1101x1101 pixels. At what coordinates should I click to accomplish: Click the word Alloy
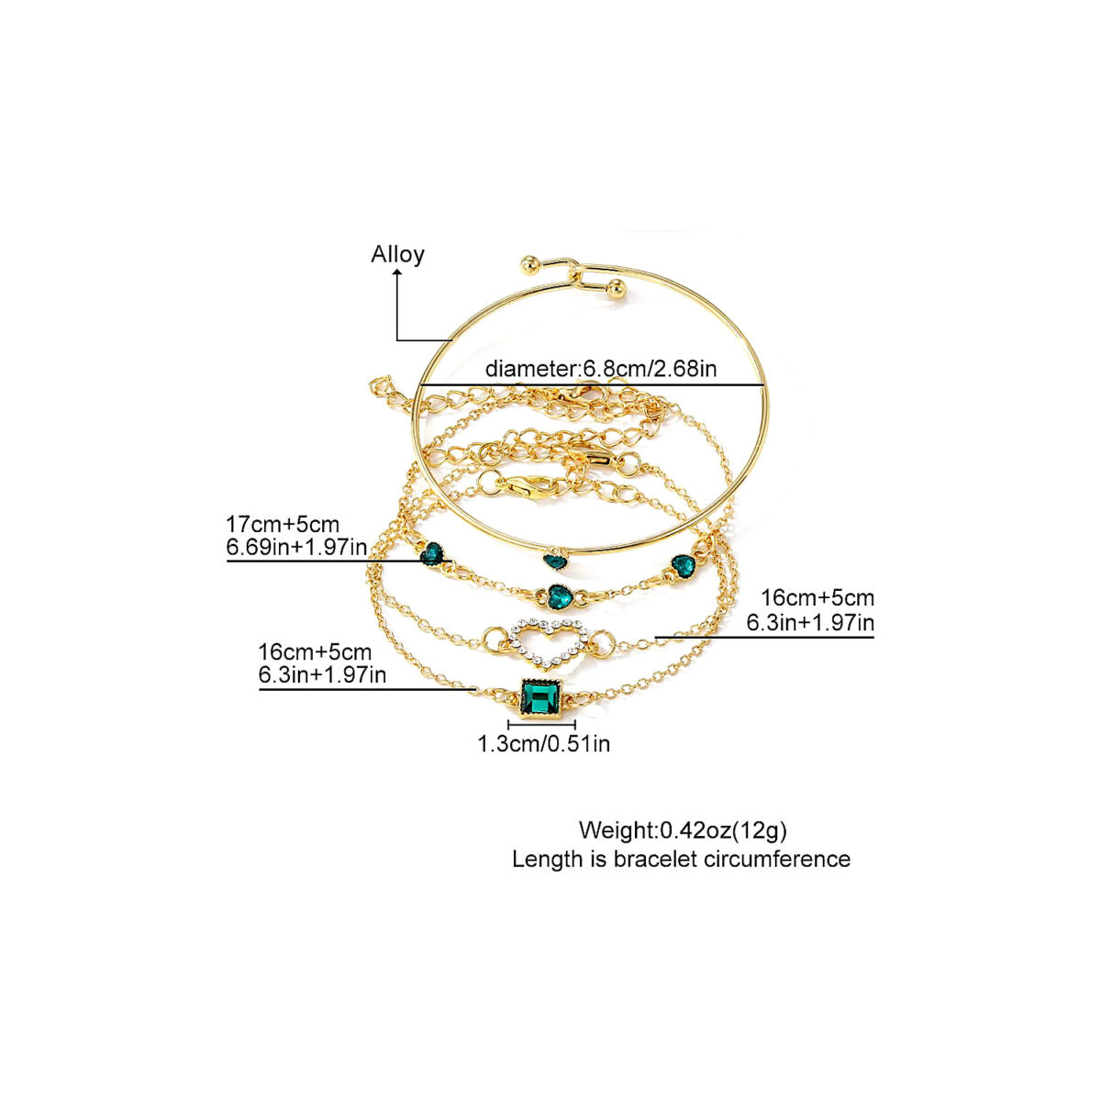coord(397,254)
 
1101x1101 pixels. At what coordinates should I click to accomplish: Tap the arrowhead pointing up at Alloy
coord(397,274)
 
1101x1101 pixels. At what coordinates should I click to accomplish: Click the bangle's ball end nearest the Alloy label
coord(528,264)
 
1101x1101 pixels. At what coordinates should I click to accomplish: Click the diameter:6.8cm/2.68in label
coord(600,369)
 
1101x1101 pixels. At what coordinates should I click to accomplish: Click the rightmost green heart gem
coord(683,566)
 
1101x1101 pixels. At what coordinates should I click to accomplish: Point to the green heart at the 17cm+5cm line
coord(432,553)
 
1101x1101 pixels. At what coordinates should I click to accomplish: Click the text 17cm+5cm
coord(283,524)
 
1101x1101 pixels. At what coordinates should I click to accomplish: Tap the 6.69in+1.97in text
coord(296,548)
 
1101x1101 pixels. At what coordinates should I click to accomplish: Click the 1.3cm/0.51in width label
coord(544,743)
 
